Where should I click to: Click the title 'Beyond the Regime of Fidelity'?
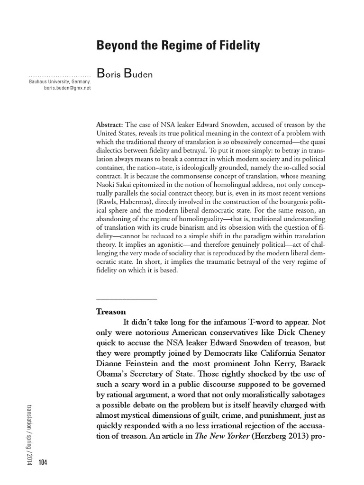point(178,46)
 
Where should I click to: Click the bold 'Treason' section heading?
point(111,312)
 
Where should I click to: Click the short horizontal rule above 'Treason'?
point(126,299)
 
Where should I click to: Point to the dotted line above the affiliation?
point(60,76)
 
